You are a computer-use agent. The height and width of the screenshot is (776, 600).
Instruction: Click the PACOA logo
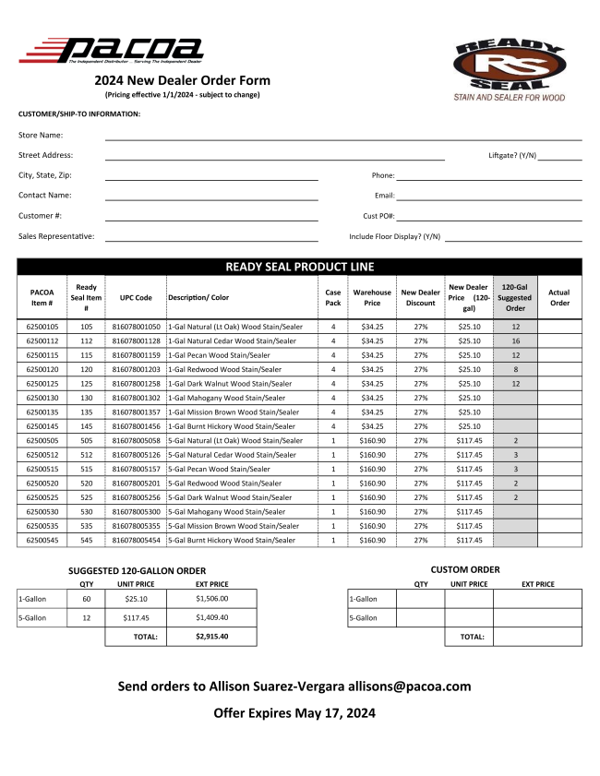(111, 51)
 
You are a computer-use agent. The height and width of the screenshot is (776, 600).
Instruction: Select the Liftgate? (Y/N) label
(512, 156)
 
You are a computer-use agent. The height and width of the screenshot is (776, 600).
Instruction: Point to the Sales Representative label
(56, 236)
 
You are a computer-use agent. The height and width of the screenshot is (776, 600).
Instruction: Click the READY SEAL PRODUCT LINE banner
(300, 268)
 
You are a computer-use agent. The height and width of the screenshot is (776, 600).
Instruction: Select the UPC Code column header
(136, 297)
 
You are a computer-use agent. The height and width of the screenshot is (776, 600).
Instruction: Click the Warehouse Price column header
(372, 297)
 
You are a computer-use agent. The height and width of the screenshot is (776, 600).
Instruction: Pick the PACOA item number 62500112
(42, 340)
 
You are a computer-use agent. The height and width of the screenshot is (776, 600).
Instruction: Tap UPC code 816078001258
(137, 383)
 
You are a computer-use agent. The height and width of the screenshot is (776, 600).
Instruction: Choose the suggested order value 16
(516, 340)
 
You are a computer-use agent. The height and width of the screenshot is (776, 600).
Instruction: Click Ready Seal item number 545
(87, 540)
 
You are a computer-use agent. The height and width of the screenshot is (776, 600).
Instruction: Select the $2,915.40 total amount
(211, 636)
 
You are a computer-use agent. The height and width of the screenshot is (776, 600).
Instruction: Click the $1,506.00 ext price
(211, 598)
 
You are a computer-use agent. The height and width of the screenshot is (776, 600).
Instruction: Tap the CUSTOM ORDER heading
(465, 569)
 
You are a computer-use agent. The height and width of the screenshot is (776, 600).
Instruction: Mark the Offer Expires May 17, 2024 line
(294, 713)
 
